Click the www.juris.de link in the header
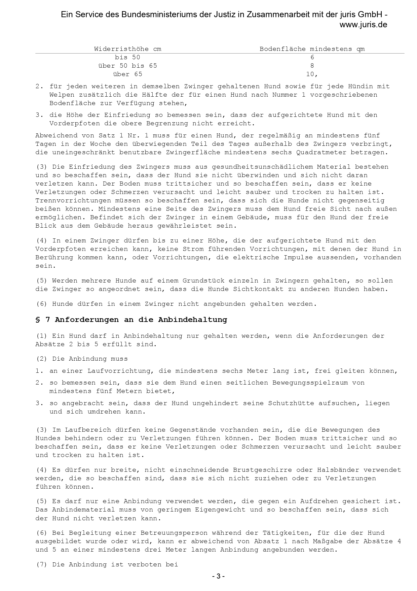coord(363,25)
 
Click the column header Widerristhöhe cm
coord(127,49)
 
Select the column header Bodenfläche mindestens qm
coord(312,49)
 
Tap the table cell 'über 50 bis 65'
coord(127,66)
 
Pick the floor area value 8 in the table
coord(312,66)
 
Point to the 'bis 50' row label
coord(127,57)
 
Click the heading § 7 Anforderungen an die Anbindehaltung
coord(131,320)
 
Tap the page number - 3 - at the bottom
coord(219,576)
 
